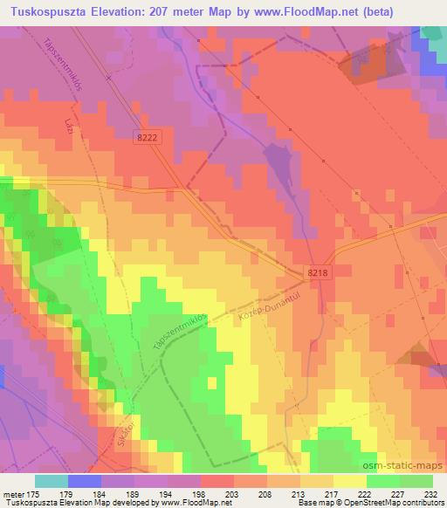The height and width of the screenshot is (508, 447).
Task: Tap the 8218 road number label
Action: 319,273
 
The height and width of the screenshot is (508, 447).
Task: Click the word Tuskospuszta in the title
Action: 44,11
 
